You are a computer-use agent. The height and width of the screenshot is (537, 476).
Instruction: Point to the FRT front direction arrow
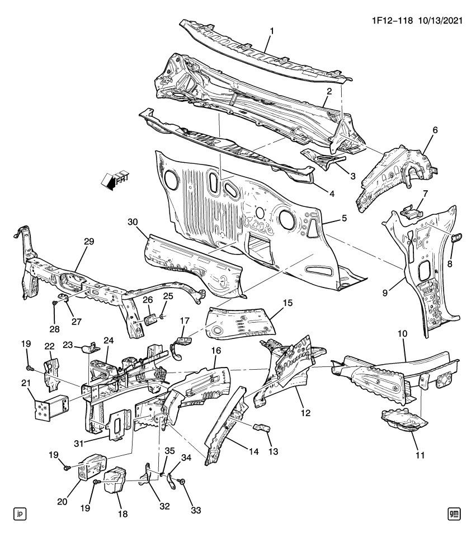(115, 180)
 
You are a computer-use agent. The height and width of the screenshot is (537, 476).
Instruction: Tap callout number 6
(435, 130)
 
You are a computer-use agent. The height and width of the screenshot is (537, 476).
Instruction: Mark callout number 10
(402, 333)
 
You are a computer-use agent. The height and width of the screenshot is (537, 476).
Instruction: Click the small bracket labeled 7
(411, 211)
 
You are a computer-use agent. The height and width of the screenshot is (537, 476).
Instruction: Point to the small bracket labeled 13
(261, 428)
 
